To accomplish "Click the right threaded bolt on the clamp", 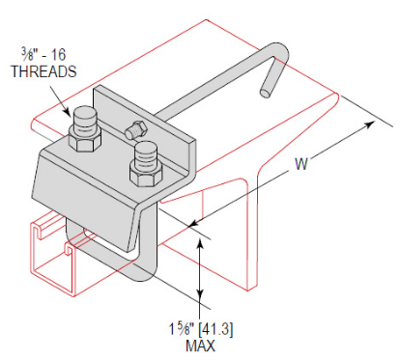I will (145, 154).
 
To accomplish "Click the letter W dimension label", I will (301, 165).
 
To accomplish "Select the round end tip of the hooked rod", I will (263, 94).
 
